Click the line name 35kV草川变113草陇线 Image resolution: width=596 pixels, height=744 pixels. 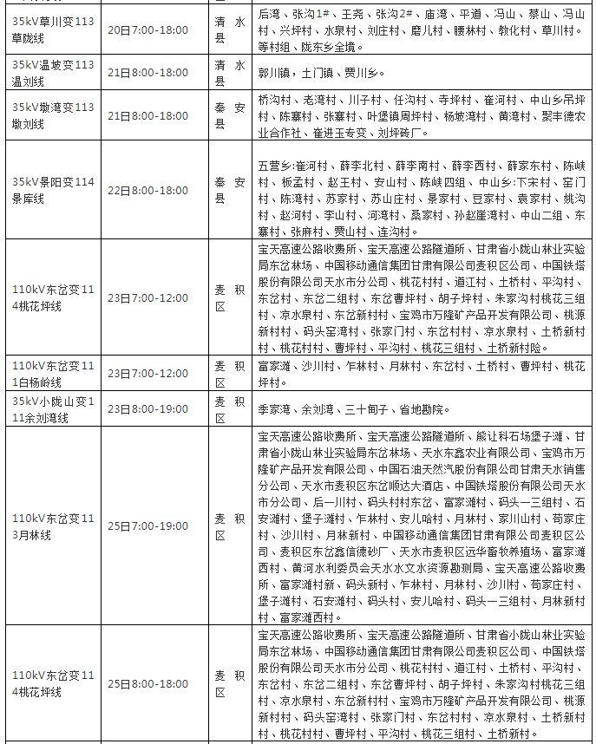(53, 29)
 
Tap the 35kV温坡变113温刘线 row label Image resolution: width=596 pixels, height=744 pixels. (53, 73)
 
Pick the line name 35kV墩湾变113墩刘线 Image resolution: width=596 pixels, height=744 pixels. (53, 115)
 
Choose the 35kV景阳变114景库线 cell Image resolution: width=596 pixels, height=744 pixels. (53, 190)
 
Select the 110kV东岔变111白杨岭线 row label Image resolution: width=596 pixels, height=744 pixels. (53, 374)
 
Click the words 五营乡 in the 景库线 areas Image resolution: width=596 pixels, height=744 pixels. (275, 165)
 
